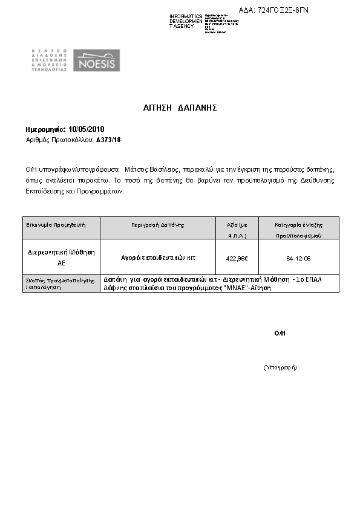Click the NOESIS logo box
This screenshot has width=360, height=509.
click(96, 61)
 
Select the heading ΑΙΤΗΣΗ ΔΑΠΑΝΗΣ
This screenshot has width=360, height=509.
click(180, 108)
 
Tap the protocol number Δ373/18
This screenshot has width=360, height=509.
click(109, 140)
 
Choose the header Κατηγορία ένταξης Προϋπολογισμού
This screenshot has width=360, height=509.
click(298, 229)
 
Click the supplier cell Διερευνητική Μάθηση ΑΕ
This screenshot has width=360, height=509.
click(61, 258)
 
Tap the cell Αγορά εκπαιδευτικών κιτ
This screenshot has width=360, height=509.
click(158, 258)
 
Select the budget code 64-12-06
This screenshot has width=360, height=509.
click(298, 258)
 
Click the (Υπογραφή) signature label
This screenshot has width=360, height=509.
click(280, 368)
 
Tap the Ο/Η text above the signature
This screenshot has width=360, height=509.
click(280, 333)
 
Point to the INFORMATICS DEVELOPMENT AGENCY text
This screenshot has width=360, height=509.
click(186, 21)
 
